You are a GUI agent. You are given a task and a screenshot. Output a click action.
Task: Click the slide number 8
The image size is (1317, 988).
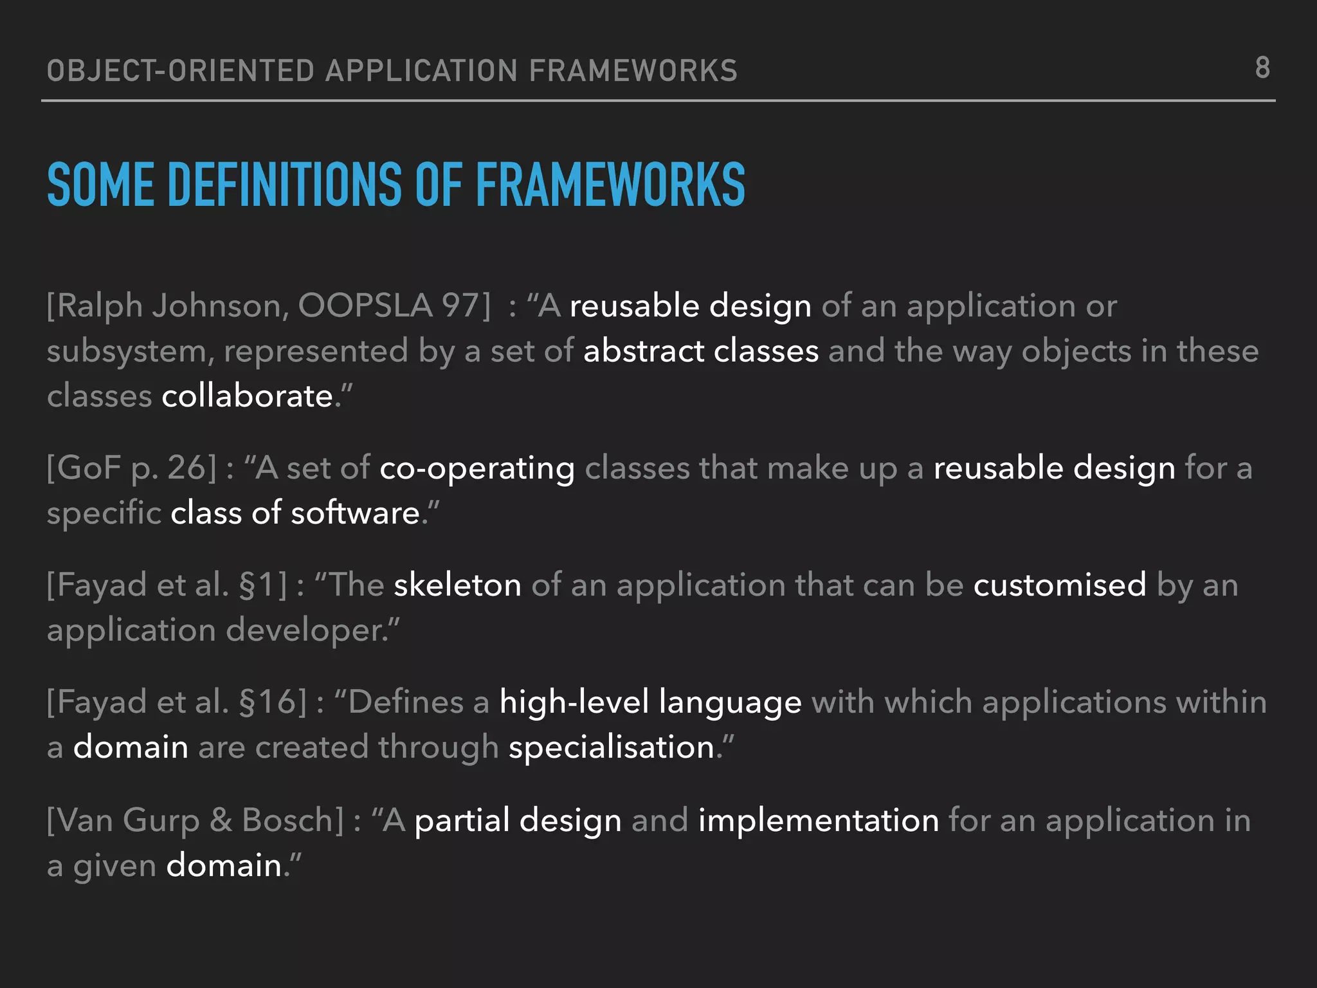point(1262,68)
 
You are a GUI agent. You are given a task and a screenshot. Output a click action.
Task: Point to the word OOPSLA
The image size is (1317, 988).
point(365,306)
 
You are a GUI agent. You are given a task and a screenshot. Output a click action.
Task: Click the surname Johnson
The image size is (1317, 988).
point(220,306)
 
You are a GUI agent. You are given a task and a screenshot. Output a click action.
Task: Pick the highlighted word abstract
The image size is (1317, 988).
point(644,351)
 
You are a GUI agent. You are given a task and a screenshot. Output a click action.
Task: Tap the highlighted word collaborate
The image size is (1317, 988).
point(247,396)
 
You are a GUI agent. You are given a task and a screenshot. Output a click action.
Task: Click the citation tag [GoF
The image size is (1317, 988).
point(84,468)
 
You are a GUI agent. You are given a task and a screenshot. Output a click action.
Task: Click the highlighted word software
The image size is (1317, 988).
point(355,513)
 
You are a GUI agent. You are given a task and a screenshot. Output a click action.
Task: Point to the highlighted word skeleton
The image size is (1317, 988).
point(457,585)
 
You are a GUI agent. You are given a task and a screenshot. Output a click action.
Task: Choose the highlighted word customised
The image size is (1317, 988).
point(1060,585)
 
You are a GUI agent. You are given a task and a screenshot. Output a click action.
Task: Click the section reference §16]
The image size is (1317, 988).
point(272,702)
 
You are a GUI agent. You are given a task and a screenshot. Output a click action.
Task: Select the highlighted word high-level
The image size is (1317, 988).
point(574,702)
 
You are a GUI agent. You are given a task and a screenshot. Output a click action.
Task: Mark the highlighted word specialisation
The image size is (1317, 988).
point(612,747)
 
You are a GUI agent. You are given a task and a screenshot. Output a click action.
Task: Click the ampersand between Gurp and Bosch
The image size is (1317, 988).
point(221,820)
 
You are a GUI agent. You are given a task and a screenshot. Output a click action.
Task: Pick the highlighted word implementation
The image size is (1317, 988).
point(819,820)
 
